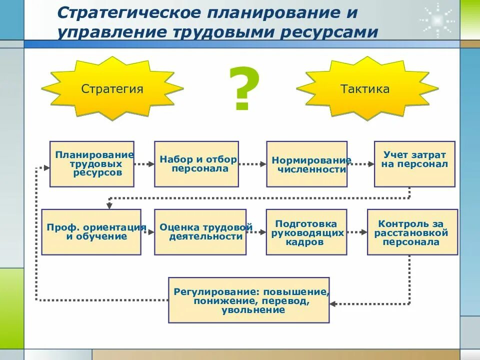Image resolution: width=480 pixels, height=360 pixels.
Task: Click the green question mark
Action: tap(244, 89)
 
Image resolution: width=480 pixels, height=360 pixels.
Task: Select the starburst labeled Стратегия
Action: tap(112, 89)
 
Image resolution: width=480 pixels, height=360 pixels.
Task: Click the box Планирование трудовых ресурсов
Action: tap(92, 164)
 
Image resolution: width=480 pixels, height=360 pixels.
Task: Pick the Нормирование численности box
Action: tap(306, 164)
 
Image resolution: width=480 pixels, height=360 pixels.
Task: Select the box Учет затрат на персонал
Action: tap(414, 164)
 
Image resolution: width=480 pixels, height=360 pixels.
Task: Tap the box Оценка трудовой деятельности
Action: tap(200, 232)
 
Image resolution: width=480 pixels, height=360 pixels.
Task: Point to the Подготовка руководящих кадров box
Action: tap(306, 232)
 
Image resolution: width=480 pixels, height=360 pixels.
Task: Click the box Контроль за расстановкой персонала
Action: tap(412, 232)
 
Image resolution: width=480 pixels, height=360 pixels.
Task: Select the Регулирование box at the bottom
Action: tap(249, 300)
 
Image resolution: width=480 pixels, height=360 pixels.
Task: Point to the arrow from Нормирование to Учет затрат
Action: tap(361, 164)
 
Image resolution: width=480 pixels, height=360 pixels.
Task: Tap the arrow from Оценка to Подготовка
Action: tap(256, 232)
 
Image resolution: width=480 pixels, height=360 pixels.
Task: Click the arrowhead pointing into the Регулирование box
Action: tap(333, 303)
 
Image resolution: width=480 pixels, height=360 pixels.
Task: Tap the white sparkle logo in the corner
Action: tap(436, 20)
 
